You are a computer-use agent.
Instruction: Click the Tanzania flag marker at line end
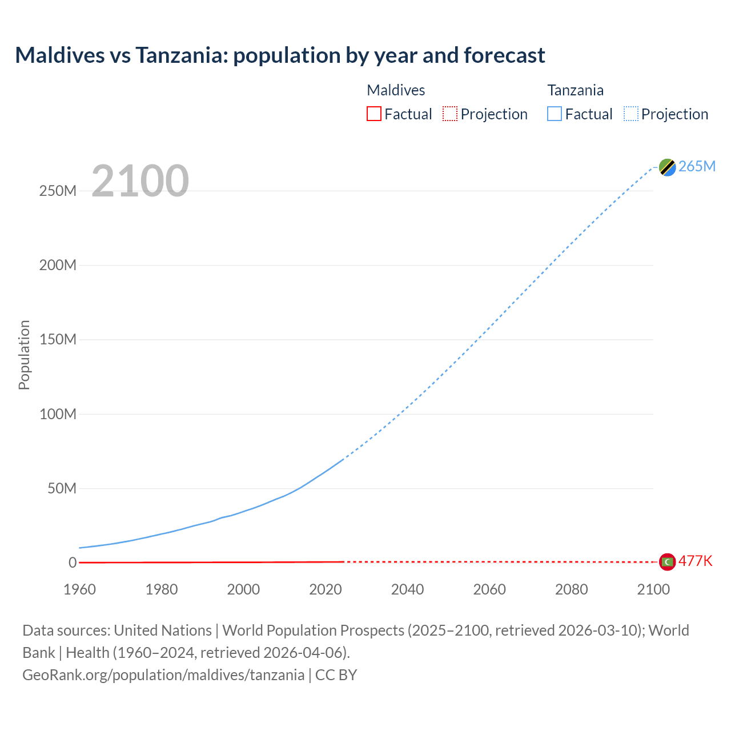(x=667, y=167)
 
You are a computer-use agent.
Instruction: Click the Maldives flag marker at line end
(x=667, y=562)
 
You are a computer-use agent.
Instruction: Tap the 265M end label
(x=697, y=166)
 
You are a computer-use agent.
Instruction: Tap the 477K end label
(x=695, y=561)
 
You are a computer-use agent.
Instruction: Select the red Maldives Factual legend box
(x=373, y=114)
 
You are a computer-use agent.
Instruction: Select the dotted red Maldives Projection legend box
(x=450, y=114)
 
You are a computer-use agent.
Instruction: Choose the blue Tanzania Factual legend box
(x=554, y=114)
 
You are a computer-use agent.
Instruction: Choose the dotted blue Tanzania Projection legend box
(x=630, y=114)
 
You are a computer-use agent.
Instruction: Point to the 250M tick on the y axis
(x=58, y=191)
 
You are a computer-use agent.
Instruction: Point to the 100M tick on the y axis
(x=58, y=414)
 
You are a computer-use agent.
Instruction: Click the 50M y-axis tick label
(x=62, y=488)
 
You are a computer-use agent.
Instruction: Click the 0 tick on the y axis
(x=72, y=563)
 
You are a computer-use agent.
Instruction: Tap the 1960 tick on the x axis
(x=79, y=589)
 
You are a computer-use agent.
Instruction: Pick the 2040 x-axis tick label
(x=407, y=589)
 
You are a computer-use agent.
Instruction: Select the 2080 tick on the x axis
(x=571, y=589)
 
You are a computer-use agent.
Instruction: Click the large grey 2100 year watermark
(x=140, y=180)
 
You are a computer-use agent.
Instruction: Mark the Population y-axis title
(x=24, y=355)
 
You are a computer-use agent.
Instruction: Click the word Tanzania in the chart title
(x=181, y=55)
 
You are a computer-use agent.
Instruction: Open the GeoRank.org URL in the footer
(x=163, y=674)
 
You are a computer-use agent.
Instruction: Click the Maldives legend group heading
(x=396, y=90)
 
